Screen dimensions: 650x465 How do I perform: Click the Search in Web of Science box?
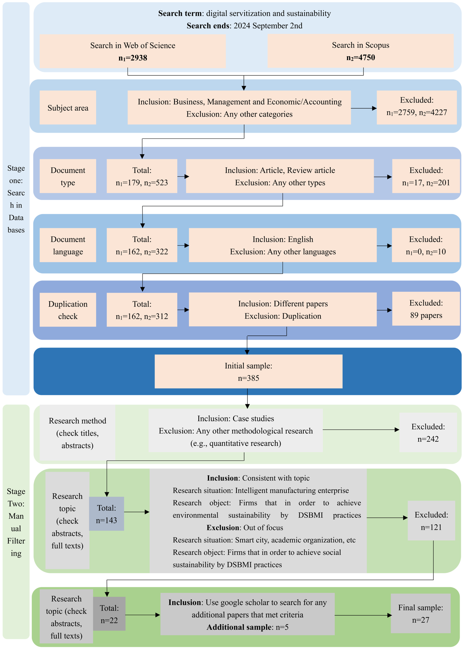(x=133, y=51)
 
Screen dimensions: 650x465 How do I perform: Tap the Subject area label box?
(x=68, y=108)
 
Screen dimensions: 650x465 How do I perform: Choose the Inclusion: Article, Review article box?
(x=280, y=176)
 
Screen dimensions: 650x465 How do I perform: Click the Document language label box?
(x=68, y=245)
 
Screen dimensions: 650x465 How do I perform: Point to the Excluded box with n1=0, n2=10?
(x=425, y=245)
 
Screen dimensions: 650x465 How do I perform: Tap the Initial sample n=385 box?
(x=248, y=372)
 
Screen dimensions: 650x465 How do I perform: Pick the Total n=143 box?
(x=107, y=514)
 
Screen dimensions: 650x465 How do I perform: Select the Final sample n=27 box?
(x=420, y=614)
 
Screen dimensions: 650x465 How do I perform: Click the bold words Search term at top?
(x=180, y=13)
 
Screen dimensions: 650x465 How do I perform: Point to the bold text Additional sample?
(x=239, y=627)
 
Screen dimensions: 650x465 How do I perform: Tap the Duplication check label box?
(x=68, y=310)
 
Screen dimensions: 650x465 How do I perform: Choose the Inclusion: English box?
(x=283, y=245)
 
